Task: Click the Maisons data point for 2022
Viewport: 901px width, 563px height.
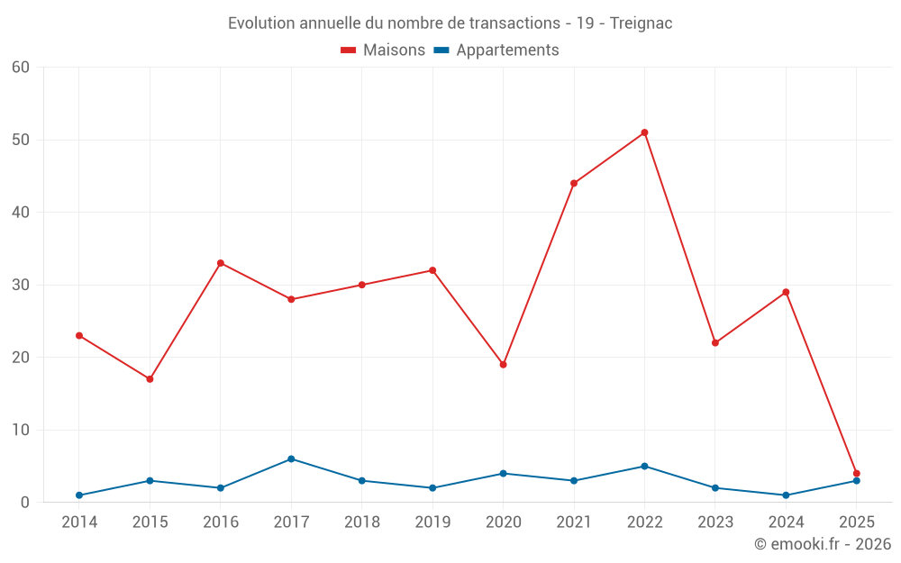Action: [644, 132]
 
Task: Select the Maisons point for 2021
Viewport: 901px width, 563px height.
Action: [574, 183]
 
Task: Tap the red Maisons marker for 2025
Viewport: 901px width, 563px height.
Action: [856, 473]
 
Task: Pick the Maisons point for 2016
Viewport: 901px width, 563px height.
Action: [221, 263]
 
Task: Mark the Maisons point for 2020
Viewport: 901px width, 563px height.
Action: [503, 365]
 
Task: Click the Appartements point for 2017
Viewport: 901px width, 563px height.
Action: [291, 459]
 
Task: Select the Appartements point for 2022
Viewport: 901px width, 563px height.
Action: [644, 466]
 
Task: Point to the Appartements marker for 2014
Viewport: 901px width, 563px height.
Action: [79, 495]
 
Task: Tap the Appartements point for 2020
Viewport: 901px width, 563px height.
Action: [503, 473]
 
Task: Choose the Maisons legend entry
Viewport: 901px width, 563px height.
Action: [383, 50]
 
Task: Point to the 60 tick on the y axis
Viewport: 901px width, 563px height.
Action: [21, 68]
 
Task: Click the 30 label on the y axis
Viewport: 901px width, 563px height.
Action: [21, 285]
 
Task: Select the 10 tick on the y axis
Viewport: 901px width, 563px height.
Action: [21, 430]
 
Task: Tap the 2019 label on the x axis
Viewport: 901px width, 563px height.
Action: [432, 522]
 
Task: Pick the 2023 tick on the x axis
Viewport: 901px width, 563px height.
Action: [715, 522]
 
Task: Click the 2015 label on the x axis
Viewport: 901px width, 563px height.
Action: [150, 522]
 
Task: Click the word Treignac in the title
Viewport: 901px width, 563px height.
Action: [641, 23]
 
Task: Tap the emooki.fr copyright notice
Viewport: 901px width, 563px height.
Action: [823, 544]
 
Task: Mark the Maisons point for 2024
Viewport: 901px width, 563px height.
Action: [786, 292]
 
